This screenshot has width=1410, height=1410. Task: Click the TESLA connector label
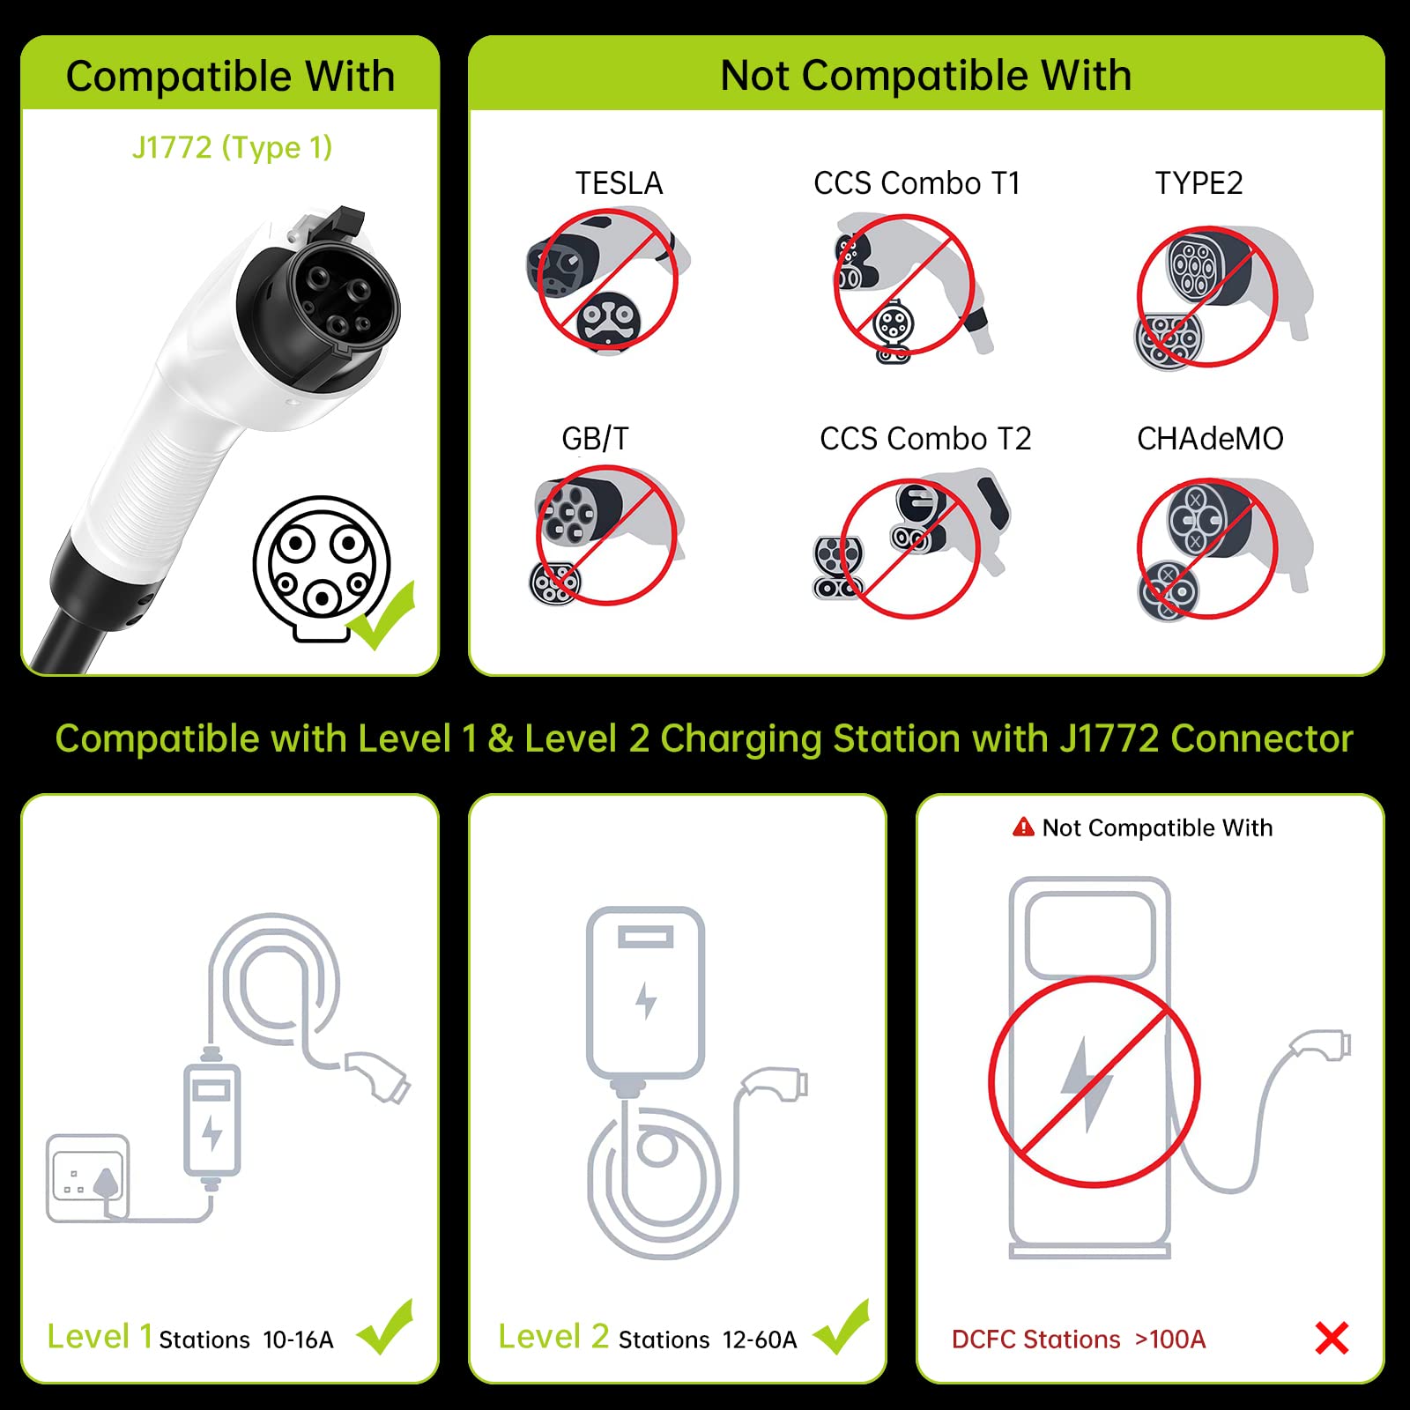tap(619, 183)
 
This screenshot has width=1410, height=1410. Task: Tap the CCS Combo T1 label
tap(916, 183)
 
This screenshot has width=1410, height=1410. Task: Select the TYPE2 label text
tap(1198, 183)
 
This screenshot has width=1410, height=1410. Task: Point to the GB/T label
tap(596, 439)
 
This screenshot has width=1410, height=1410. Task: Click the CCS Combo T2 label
tap(925, 439)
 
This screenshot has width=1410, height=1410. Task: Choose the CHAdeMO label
tap(1210, 439)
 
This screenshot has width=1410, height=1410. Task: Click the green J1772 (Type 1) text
tap(232, 147)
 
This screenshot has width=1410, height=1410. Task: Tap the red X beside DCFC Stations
tap(1332, 1338)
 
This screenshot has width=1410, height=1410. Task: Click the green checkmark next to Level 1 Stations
tap(386, 1327)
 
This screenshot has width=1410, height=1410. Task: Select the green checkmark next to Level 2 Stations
tap(842, 1327)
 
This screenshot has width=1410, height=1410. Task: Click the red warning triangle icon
tap(1023, 827)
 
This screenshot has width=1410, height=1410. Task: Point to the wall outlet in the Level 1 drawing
tap(88, 1178)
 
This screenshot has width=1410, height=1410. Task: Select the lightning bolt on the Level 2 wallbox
tap(646, 1001)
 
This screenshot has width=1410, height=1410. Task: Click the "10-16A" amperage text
tap(298, 1340)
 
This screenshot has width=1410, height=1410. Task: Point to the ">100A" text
tap(1170, 1339)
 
